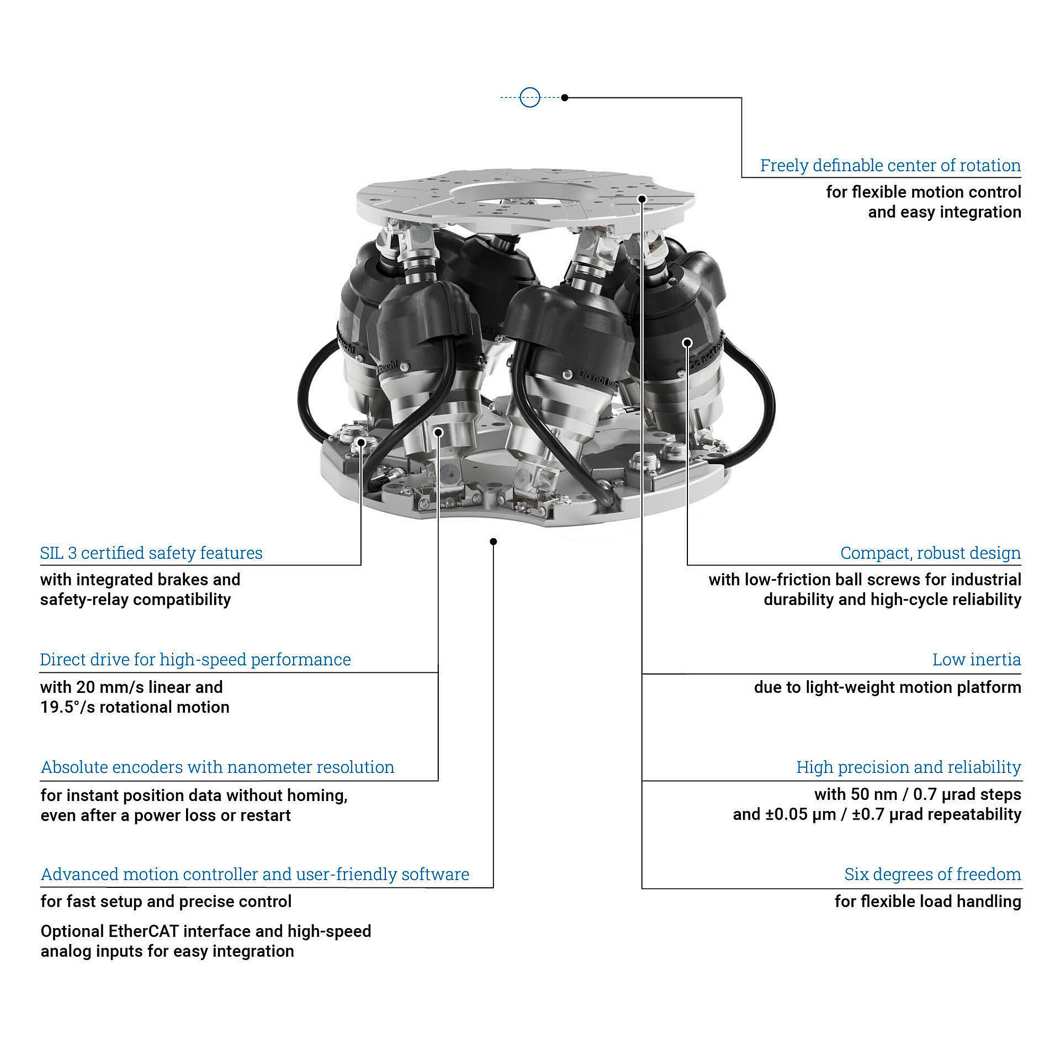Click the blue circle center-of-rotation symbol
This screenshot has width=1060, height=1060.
(x=529, y=97)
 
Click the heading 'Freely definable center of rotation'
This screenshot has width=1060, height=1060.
(x=890, y=165)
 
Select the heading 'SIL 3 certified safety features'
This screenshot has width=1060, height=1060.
(x=151, y=553)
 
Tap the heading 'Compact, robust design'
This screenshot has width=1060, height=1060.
(x=930, y=553)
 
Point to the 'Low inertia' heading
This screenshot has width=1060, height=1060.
(x=976, y=660)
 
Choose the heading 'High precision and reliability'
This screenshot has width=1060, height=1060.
(x=908, y=767)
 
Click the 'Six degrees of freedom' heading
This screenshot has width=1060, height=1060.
(x=932, y=874)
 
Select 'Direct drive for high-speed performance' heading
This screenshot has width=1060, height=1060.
(x=195, y=660)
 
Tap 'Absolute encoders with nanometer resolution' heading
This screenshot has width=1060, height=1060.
(x=217, y=767)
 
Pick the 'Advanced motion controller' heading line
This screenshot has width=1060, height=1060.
(x=255, y=874)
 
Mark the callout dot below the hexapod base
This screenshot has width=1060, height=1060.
(x=493, y=541)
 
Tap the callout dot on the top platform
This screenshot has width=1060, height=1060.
(x=642, y=199)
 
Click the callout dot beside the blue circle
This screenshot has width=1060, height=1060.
(x=564, y=97)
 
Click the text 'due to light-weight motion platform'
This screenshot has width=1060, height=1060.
(x=887, y=688)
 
